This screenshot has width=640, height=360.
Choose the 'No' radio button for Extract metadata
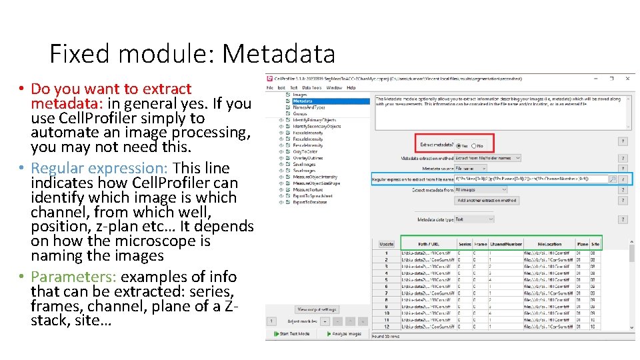[x=474, y=145]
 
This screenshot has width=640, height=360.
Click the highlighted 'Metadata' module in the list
[x=302, y=101]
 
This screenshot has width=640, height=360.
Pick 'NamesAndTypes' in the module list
[x=307, y=107]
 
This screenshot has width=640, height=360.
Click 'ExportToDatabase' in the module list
[x=311, y=201]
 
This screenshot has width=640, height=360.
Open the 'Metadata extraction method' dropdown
[x=487, y=158]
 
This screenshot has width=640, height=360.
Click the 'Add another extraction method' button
[x=487, y=200]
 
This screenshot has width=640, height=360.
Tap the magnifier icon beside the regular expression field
[x=613, y=179]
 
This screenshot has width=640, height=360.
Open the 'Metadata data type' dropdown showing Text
[x=474, y=219]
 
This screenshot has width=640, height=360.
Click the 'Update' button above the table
[x=387, y=244]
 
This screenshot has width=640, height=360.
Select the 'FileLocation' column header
[x=549, y=244]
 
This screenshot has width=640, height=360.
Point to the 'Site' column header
[x=595, y=244]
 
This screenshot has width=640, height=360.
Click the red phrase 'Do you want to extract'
[x=111, y=89]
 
